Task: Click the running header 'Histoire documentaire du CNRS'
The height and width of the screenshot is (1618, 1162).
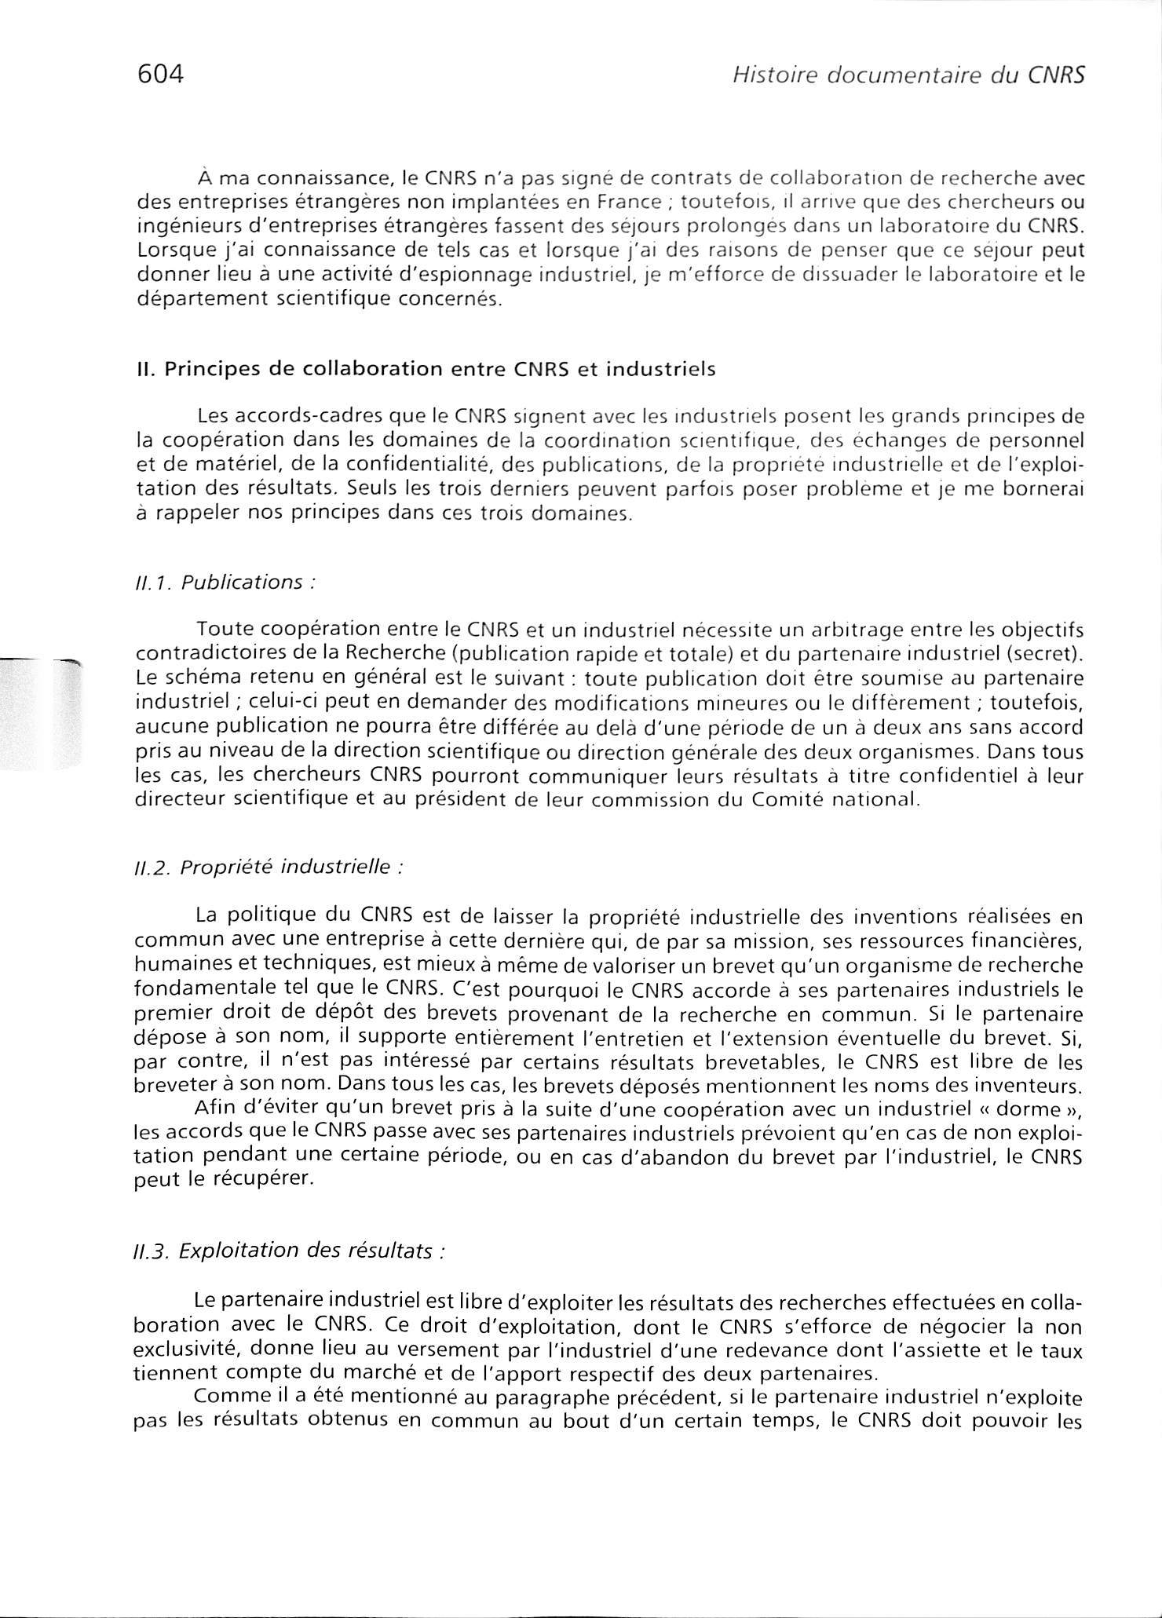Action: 908,75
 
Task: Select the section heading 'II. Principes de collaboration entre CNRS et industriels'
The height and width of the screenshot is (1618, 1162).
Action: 425,370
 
